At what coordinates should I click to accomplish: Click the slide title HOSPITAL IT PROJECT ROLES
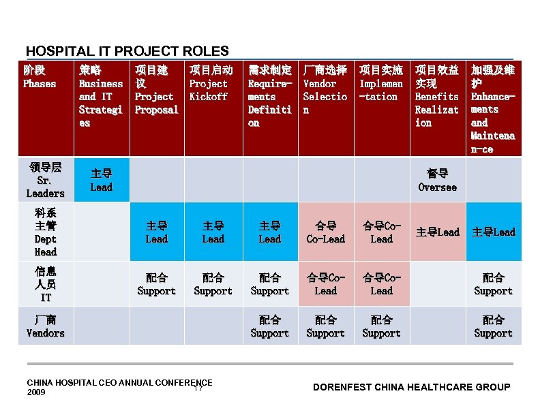coord(127,51)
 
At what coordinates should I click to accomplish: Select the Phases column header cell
coord(40,76)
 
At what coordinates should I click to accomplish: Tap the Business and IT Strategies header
coord(101,96)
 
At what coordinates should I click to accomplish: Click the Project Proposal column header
coord(156,90)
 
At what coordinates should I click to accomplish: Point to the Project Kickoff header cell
coord(211,83)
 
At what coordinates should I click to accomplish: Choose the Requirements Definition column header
coord(269,96)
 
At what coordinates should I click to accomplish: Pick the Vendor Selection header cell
coord(325,90)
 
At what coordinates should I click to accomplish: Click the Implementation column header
coord(381,83)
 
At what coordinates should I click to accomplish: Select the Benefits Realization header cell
coord(437,96)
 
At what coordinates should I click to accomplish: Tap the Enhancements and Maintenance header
coord(493,109)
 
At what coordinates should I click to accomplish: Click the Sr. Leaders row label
coord(46,180)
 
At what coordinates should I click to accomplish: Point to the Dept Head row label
coord(46,232)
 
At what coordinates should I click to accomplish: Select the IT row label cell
coord(46,284)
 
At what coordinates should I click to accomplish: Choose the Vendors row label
coord(46,326)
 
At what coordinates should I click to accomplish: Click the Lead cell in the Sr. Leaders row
coord(101,180)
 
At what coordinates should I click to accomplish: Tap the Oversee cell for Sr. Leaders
coord(437,180)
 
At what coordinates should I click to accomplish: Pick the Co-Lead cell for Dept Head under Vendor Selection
coord(325,232)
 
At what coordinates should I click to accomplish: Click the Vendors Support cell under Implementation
coord(381,326)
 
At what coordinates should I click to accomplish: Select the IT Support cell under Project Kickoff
coord(213,284)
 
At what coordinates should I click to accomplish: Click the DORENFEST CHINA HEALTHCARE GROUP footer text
coord(411,387)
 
